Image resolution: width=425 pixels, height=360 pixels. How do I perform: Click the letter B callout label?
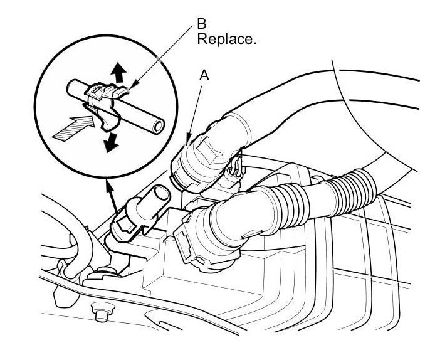pos(202,24)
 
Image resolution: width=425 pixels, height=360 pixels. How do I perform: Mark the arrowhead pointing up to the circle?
pos(110,184)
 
